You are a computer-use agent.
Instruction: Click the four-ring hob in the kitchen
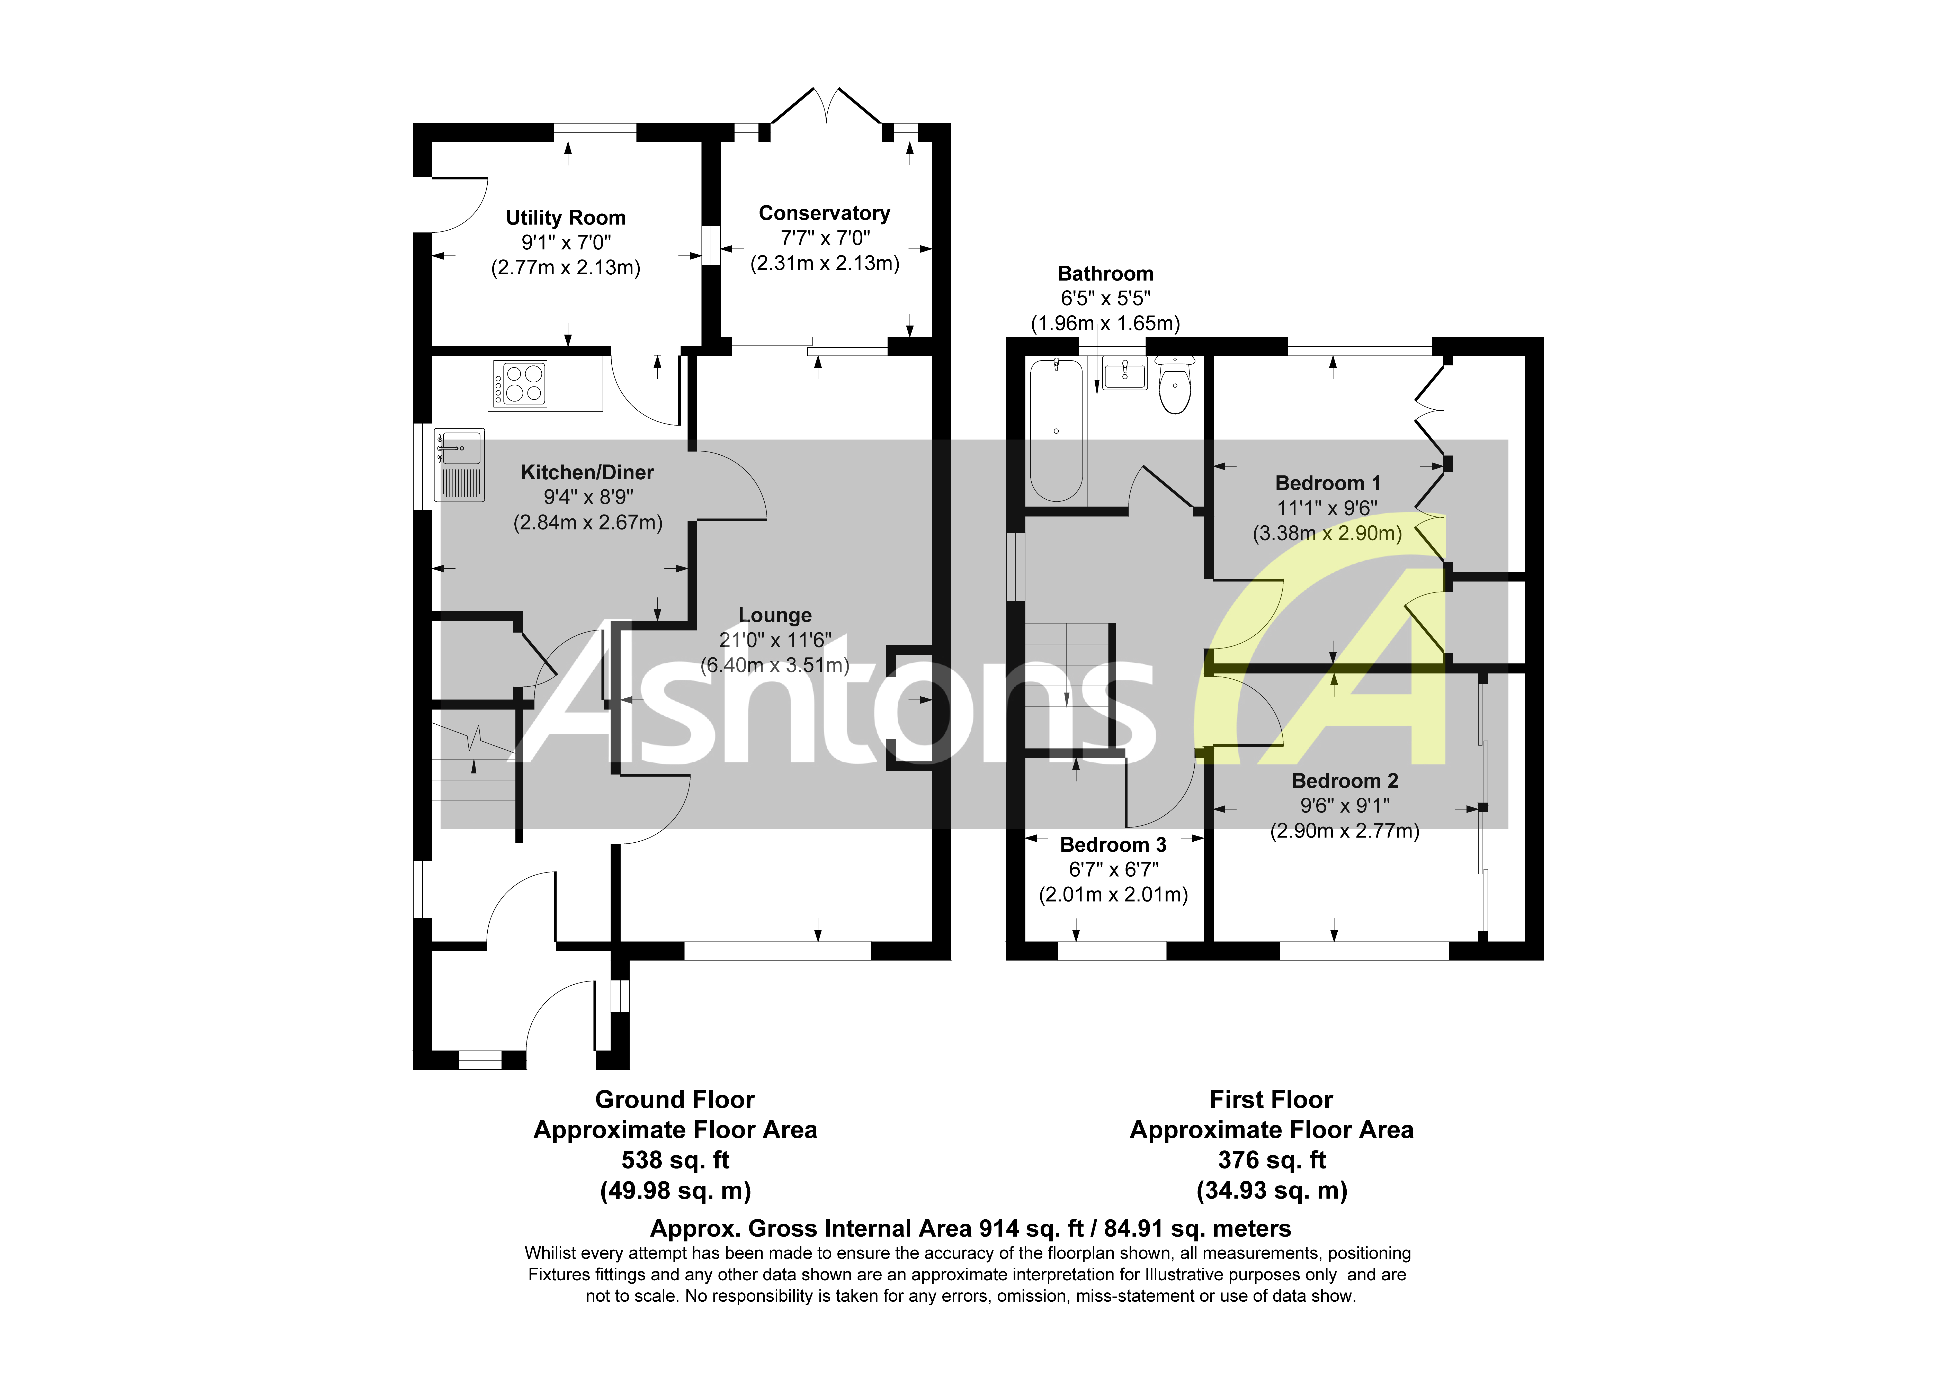(520, 384)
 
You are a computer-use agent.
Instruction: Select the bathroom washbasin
(1125, 374)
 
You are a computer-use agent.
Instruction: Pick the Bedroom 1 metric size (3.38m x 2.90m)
(1327, 533)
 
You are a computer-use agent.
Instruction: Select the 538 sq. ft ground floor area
(675, 1160)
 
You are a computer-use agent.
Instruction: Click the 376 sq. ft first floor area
(1271, 1160)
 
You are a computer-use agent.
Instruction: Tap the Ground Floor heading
(675, 1099)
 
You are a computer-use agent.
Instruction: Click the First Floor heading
(1271, 1099)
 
